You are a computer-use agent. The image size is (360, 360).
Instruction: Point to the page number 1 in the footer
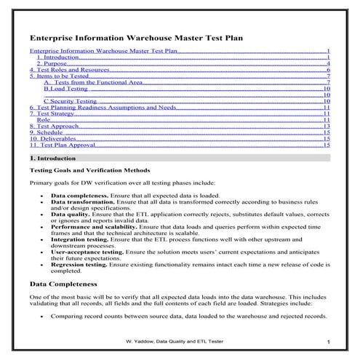(329, 342)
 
